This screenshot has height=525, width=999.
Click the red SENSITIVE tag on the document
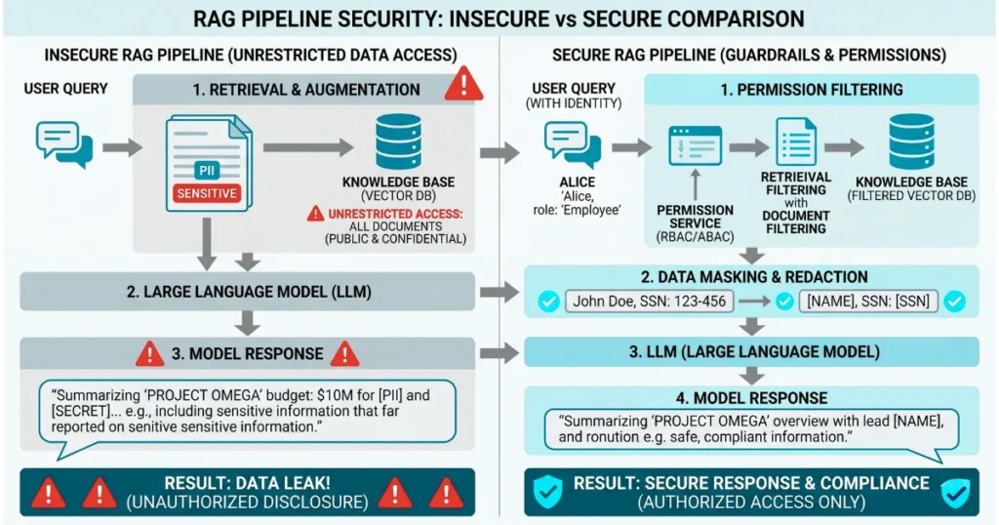206,193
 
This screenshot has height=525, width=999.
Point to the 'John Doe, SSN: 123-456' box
651,302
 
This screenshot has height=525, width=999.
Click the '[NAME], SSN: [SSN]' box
867,302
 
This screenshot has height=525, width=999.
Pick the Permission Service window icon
695,146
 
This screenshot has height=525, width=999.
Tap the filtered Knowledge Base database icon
911,142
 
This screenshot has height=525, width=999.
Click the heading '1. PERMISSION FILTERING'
811,90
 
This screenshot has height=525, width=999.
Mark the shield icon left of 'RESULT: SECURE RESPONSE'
548,492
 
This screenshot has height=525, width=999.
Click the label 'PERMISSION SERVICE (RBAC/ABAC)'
695,222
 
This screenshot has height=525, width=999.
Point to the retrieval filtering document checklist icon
795,142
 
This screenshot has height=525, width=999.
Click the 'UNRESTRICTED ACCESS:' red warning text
394,213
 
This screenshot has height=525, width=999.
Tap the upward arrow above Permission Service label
695,184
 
